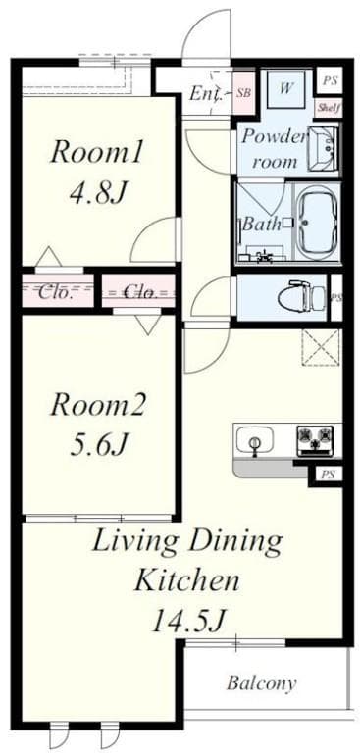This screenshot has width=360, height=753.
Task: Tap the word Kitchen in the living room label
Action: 186,579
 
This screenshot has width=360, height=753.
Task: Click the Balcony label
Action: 261,683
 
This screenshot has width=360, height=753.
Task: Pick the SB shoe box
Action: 243,93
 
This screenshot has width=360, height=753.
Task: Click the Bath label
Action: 262,224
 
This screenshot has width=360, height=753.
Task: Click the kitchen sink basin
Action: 257,440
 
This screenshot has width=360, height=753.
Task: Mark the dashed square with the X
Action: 321,348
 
